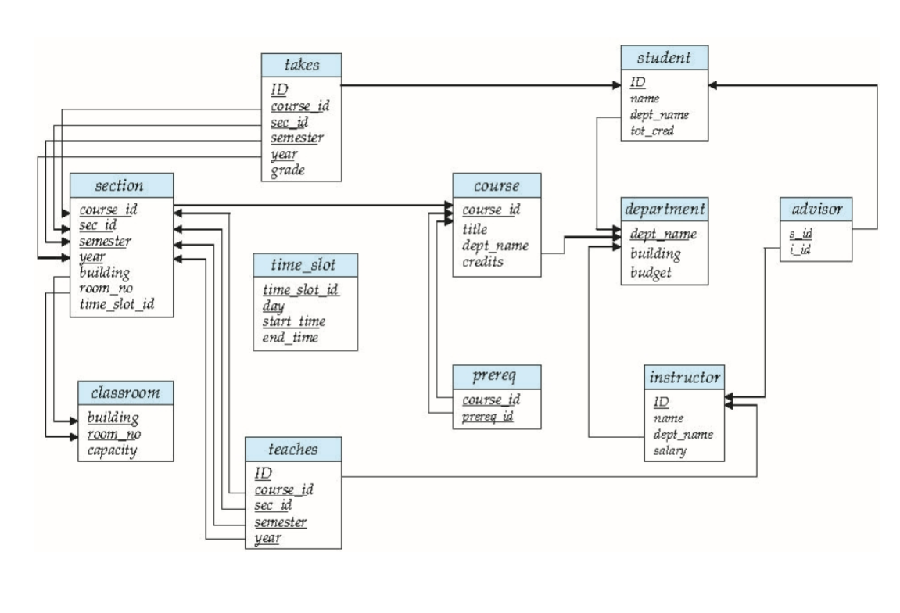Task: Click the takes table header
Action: coord(302,66)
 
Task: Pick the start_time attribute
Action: coord(294,321)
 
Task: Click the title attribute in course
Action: coord(475,229)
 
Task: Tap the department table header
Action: coord(665,210)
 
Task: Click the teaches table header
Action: coord(293,449)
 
